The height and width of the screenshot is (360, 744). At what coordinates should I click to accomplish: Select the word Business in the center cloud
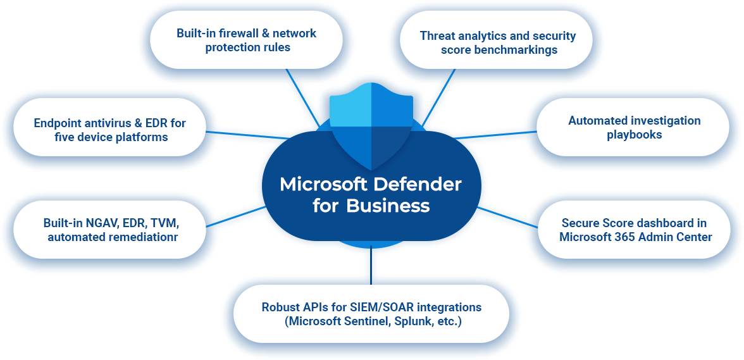[388, 206]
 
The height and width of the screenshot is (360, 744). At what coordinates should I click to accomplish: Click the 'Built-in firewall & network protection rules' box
[247, 40]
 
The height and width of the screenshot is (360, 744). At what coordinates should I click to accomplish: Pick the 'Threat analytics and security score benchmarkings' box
[497, 42]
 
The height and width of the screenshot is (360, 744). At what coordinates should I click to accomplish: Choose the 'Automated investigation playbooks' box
[634, 127]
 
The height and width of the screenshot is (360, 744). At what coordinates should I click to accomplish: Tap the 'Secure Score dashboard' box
[634, 230]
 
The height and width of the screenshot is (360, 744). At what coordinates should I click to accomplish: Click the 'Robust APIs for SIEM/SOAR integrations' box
[371, 314]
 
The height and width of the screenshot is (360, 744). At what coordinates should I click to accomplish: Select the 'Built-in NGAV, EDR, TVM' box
[111, 230]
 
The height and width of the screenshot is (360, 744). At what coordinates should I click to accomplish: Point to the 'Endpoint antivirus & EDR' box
[109, 130]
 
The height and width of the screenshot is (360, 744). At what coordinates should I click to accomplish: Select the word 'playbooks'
[634, 134]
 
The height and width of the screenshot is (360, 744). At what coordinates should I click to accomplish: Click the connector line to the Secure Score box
[503, 214]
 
